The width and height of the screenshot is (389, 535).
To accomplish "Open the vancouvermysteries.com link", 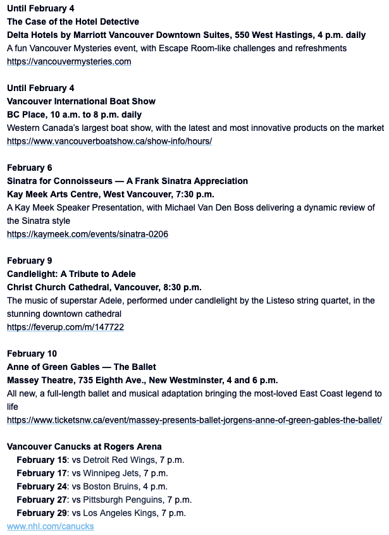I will coord(69,62).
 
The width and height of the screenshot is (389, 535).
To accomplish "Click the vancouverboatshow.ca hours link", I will coord(109,141).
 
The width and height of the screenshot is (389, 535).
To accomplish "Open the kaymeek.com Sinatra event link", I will coord(87,234).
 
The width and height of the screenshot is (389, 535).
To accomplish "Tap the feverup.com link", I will coord(65,327).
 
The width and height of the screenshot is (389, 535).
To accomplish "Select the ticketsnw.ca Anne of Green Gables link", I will coord(194,420).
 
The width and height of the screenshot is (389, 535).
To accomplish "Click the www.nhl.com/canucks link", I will coord(50,526).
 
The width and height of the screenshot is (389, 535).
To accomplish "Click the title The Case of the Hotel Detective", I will coord(73,22).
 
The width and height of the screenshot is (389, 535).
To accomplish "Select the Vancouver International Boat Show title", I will coord(81,101).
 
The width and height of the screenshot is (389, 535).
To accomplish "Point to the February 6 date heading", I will coord(34,168).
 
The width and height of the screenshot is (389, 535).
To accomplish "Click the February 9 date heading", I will coord(34,261).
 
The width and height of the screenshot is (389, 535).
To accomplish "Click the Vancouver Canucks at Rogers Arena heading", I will coord(84,446).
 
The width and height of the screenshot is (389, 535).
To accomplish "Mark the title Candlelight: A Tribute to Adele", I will coord(71,274).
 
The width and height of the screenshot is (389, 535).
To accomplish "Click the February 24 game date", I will coord(42,486).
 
